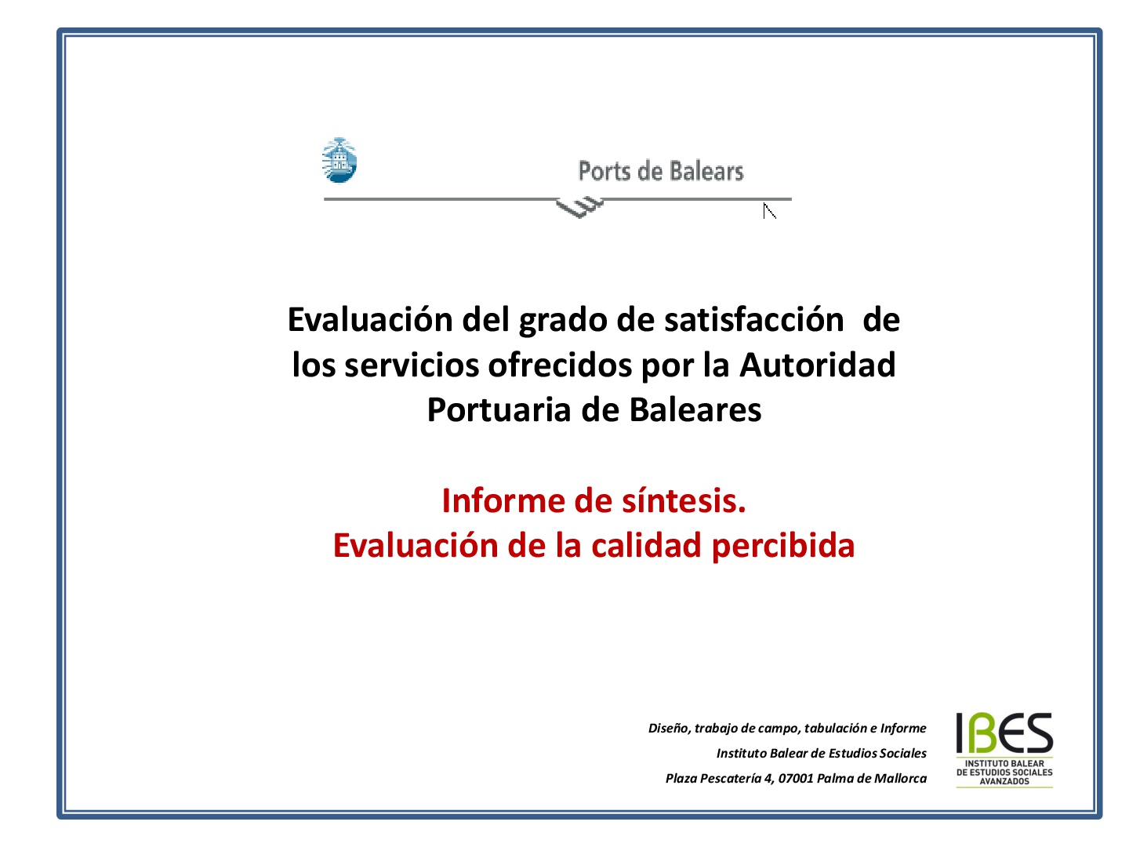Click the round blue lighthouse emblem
[339, 161]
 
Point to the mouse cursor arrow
[769, 211]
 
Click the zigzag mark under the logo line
[579, 207]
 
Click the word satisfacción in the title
[754, 320]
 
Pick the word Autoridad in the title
[818, 365]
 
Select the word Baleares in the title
[695, 410]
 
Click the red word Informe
[503, 501]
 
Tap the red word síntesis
[684, 501]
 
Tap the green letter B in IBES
[978, 732]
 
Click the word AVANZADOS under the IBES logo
[1004, 781]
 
